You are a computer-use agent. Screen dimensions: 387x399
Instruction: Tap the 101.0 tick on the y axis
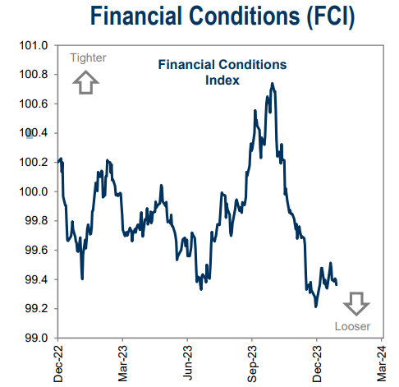coord(34,45)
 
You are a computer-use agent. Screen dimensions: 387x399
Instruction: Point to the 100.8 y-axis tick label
coord(34,75)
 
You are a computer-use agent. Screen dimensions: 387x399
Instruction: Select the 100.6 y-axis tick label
coord(34,104)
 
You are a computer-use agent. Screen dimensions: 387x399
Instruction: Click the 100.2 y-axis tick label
coord(34,163)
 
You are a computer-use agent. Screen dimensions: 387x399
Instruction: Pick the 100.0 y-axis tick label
coord(34,191)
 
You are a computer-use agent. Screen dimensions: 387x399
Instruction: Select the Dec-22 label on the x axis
coord(58,362)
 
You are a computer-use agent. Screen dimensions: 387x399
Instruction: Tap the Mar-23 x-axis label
coord(122,362)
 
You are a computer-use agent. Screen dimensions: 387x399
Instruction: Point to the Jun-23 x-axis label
coord(186,362)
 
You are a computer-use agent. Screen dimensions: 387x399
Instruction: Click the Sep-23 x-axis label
coord(251,362)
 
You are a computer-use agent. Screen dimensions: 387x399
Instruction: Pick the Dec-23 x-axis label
coord(316,362)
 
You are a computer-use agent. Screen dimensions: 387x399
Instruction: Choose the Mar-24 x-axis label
coord(380,362)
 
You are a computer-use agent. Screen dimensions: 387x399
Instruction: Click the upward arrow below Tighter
coord(86,82)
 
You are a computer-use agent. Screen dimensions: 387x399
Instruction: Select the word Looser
coord(353,326)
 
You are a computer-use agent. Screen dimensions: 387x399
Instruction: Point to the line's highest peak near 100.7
coord(272,83)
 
